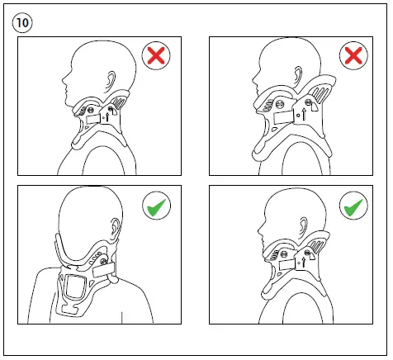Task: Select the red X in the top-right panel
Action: tap(352, 56)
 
